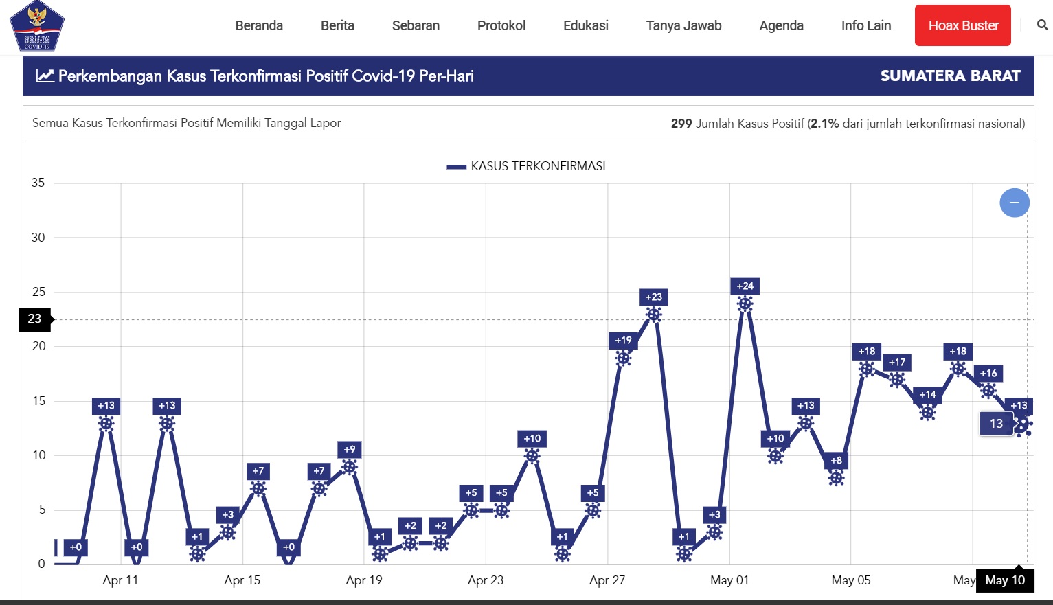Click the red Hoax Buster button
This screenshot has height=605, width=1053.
click(x=962, y=25)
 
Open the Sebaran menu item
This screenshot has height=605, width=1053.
click(x=416, y=25)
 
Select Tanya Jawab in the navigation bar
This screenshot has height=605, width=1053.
click(x=683, y=25)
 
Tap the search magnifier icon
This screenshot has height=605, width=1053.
click(x=1042, y=25)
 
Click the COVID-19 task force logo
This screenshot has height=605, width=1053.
click(x=37, y=26)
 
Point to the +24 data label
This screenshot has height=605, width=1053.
click(x=745, y=286)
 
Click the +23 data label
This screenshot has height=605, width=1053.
click(x=653, y=297)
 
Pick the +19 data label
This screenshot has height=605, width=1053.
click(x=623, y=341)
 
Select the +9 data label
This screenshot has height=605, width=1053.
click(x=350, y=450)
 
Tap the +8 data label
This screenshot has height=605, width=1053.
click(x=836, y=461)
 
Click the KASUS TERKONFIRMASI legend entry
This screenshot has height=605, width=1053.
click(x=526, y=166)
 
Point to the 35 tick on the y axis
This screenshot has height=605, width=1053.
click(x=38, y=183)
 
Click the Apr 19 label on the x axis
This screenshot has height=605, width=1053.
click(x=364, y=580)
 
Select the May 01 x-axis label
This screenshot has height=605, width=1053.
click(x=729, y=580)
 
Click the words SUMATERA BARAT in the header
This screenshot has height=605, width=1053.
click(x=950, y=76)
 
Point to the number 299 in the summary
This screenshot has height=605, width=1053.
click(x=681, y=124)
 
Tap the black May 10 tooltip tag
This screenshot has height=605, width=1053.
click(x=1005, y=580)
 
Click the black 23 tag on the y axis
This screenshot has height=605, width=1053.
click(x=35, y=319)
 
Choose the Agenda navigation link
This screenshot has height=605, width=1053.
click(x=781, y=25)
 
